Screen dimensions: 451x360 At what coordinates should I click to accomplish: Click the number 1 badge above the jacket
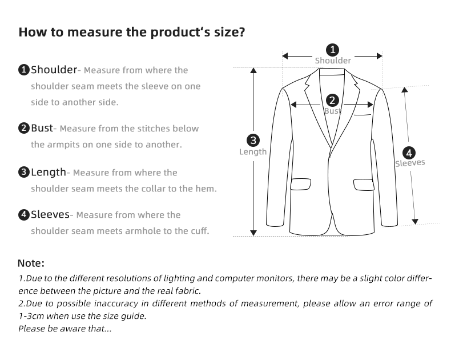332,50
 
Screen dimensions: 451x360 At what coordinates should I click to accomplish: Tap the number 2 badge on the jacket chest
332,101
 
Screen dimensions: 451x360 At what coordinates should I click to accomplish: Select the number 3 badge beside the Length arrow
253,140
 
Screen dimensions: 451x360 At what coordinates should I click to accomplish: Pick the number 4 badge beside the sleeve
409,153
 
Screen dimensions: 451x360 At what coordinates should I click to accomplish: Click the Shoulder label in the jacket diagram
333,61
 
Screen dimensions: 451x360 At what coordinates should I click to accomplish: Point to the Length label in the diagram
253,152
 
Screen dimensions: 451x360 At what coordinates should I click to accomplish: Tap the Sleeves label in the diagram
410,163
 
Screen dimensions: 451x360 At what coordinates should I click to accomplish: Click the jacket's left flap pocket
300,185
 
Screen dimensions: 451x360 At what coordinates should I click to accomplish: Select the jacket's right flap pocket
364,185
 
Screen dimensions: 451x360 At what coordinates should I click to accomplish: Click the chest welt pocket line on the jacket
363,115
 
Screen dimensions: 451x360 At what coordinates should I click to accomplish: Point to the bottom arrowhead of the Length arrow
253,233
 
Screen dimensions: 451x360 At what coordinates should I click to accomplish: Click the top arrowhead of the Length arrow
253,71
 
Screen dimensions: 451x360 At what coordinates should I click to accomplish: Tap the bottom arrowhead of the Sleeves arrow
415,222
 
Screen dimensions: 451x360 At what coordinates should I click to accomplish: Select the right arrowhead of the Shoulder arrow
380,56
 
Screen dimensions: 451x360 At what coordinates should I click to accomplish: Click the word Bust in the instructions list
42,128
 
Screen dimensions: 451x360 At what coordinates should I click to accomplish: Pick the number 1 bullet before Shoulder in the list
24,70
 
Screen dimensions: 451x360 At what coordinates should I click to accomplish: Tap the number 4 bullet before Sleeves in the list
24,215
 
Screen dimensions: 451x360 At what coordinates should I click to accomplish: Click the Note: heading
31,263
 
